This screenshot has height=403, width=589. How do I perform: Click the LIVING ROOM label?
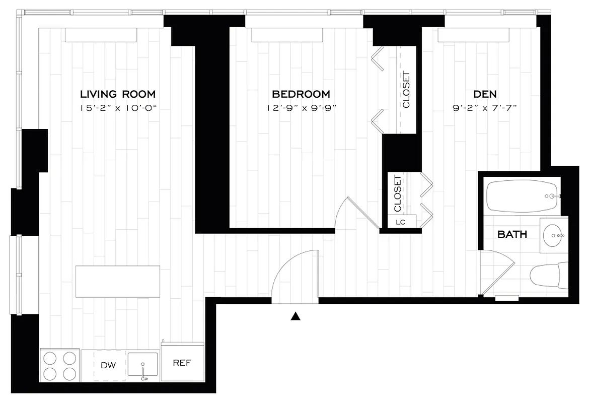118,94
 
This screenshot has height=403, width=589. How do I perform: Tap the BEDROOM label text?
301,94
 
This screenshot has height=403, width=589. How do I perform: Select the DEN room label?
485,94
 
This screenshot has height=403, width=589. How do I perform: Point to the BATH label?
512,234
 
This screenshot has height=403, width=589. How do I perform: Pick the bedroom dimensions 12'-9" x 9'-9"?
301,108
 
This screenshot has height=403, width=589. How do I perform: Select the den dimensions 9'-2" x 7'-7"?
485,108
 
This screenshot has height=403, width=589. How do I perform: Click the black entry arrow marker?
296,316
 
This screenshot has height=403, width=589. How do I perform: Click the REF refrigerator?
182,363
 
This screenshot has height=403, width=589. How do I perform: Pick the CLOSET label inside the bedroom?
406,91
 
